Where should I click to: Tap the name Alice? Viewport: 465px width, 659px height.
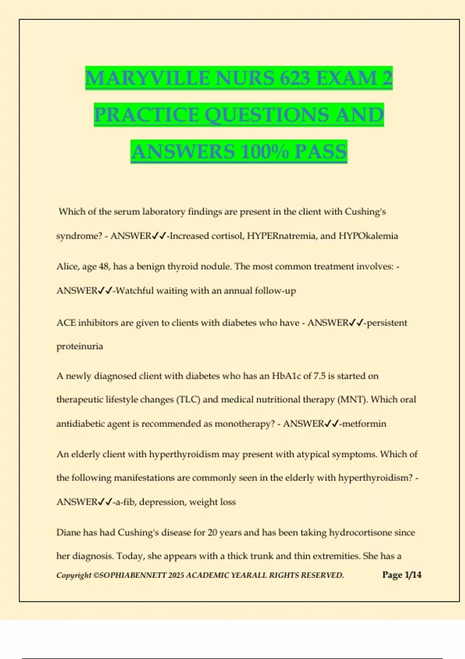[67, 266]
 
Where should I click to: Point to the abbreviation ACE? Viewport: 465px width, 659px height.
[66, 323]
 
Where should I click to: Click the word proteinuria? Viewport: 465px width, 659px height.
[80, 346]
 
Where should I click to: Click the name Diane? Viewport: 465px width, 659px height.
[69, 532]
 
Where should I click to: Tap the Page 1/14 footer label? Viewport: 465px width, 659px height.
[402, 575]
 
